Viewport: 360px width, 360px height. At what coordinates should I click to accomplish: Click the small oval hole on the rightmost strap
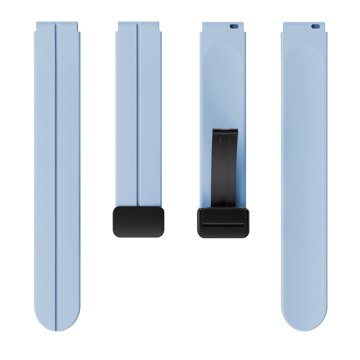[315, 26]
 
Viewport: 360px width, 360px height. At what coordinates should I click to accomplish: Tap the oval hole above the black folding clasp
[234, 26]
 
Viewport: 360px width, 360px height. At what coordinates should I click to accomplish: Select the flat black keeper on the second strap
[139, 222]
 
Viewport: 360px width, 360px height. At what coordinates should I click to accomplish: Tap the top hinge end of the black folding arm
[225, 131]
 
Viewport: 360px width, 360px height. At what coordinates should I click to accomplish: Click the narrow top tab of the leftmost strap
[57, 26]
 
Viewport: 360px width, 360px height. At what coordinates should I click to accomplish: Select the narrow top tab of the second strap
[138, 26]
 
